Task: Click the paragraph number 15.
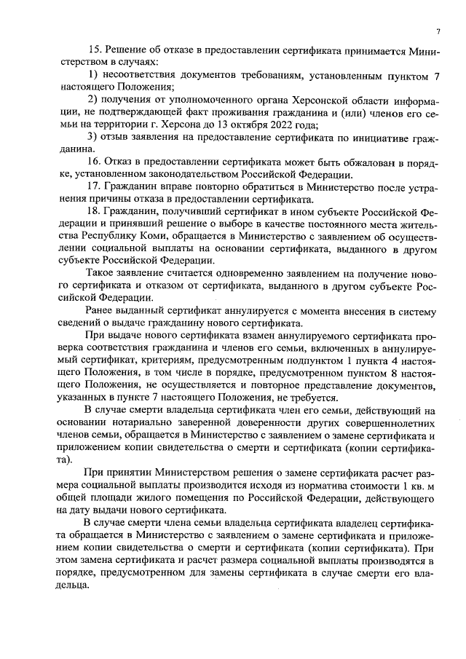coord(92,49)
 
